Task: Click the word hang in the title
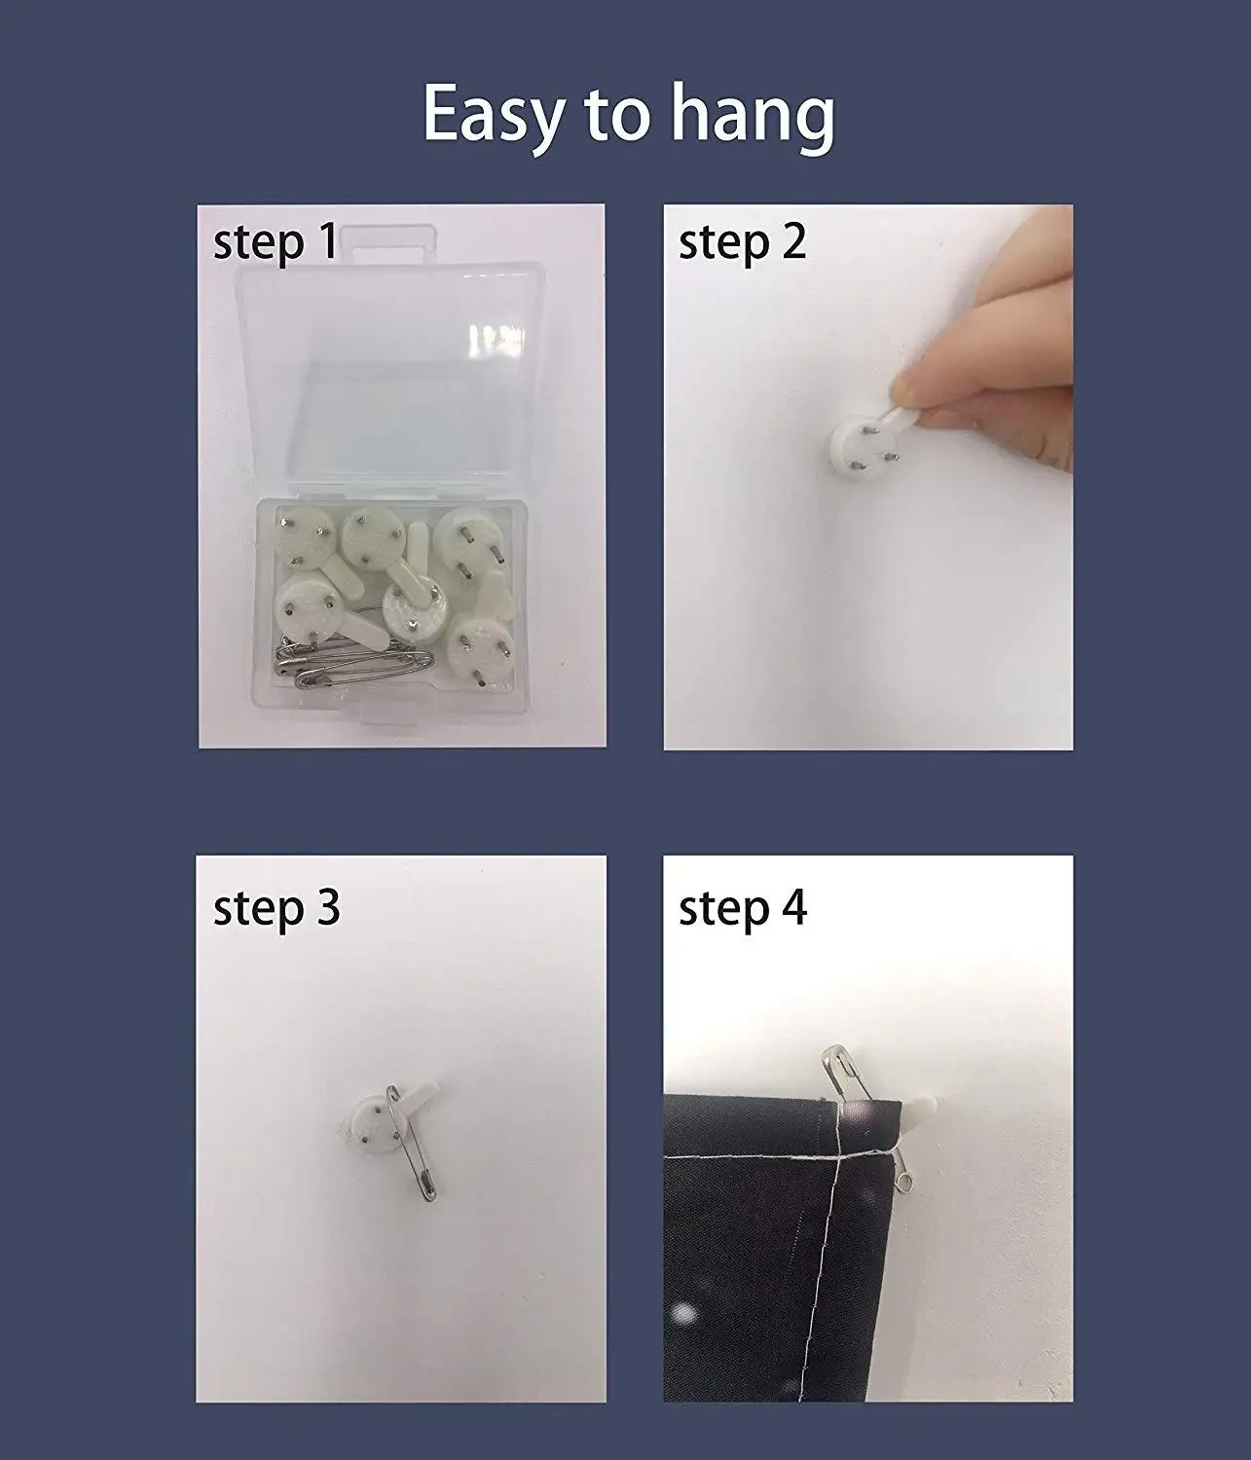(753, 117)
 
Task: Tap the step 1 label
(276, 241)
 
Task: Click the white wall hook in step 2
(857, 445)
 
